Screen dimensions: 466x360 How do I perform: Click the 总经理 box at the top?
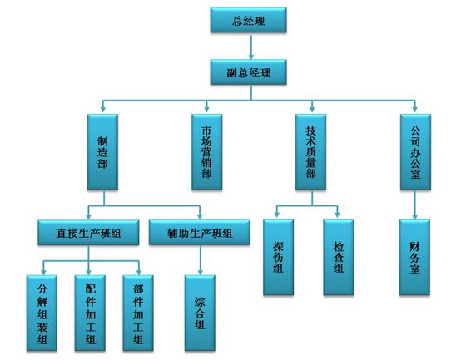click(x=249, y=20)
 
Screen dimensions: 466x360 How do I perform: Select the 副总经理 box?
click(x=249, y=72)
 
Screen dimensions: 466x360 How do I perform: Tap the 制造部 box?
click(x=102, y=152)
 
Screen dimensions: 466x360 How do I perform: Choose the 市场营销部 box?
click(x=207, y=152)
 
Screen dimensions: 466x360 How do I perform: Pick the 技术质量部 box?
click(x=311, y=152)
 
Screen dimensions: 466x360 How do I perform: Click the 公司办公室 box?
click(x=415, y=152)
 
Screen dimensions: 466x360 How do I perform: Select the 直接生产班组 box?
click(x=88, y=233)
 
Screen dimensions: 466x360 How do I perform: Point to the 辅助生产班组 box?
click(x=200, y=233)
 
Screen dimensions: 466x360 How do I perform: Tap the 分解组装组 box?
click(x=42, y=313)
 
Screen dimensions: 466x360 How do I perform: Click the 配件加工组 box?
click(x=90, y=313)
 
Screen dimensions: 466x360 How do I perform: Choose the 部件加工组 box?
click(x=138, y=313)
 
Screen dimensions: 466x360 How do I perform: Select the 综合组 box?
click(x=200, y=313)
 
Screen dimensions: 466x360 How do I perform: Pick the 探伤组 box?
click(x=279, y=257)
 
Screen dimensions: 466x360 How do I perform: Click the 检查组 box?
click(x=339, y=257)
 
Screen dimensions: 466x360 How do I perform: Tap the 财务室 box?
click(x=414, y=257)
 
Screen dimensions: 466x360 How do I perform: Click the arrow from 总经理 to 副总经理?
click(x=251, y=47)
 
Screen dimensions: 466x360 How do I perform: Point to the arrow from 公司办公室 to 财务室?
click(x=415, y=205)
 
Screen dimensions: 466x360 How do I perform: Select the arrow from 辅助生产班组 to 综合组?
click(x=200, y=260)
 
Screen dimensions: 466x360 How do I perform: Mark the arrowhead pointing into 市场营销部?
click(x=206, y=109)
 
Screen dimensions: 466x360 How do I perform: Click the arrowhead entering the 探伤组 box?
click(x=276, y=214)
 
